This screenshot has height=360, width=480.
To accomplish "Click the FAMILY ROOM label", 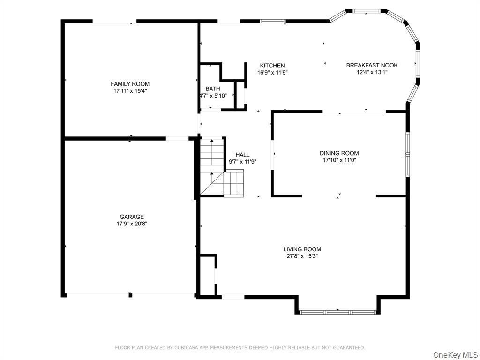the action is click(130, 84).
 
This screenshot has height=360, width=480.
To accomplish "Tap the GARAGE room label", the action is click(132, 217).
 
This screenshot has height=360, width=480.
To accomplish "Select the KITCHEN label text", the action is click(272, 66).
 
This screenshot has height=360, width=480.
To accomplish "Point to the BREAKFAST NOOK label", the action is click(372, 65).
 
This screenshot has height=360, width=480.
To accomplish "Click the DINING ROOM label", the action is click(339, 153).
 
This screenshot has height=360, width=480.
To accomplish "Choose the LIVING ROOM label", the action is click(302, 249).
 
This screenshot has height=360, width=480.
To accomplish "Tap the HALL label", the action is click(242, 155).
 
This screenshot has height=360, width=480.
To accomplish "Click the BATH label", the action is click(213, 89).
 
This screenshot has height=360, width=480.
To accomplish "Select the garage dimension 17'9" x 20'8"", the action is click(132, 224).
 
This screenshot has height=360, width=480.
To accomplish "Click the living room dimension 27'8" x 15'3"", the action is click(302, 256).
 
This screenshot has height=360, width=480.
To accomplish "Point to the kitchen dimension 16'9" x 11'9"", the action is click(272, 73).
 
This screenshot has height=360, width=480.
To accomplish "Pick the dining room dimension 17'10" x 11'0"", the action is click(339, 160).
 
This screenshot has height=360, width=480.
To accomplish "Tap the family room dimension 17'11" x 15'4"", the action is click(130, 91).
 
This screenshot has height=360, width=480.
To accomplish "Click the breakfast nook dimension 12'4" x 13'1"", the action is click(372, 72).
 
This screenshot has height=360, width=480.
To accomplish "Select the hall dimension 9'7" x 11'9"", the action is click(242, 162).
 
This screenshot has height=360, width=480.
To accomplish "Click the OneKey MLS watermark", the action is click(456, 355).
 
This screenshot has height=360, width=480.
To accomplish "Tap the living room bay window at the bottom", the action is click(337, 312).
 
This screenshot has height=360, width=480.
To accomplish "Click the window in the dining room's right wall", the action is click(408, 154).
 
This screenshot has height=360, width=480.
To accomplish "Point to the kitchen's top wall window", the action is click(273, 22).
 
